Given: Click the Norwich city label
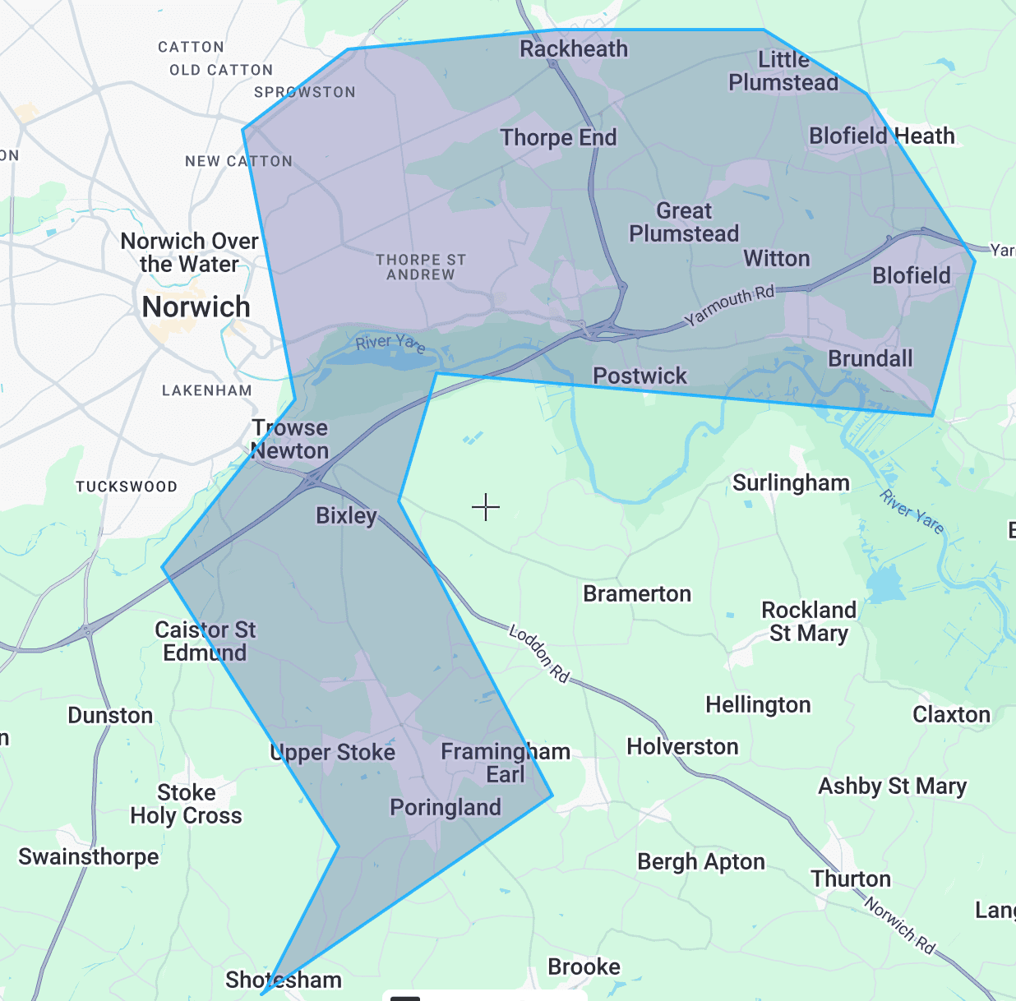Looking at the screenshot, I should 196,307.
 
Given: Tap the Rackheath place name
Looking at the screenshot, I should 574,49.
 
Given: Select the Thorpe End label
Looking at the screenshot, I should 558,137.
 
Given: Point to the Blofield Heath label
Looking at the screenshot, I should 882,136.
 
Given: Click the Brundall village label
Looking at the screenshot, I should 870,358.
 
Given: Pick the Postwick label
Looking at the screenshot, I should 640,376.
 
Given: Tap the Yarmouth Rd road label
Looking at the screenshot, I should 729,305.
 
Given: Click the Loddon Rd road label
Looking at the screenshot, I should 539,653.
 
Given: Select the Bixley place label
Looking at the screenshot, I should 346,515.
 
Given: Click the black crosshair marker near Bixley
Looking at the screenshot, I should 486,508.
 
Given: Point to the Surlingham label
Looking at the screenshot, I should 791,482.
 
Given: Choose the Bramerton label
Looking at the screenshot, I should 637,593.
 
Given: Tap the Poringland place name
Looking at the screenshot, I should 445,807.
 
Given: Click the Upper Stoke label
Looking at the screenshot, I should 333,752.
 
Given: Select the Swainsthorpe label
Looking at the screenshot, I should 89,856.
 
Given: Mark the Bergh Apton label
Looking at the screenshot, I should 701,861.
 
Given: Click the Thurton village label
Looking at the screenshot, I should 851,879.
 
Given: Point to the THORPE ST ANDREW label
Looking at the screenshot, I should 421,267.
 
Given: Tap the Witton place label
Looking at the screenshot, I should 777,258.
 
